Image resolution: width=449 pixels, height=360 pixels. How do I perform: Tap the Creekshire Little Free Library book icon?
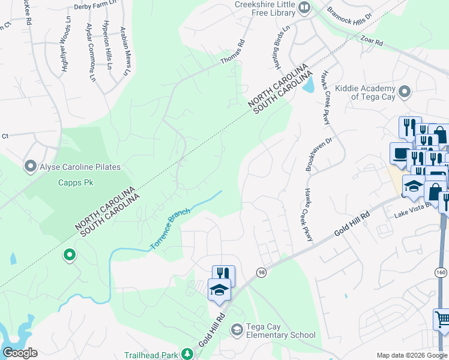304,7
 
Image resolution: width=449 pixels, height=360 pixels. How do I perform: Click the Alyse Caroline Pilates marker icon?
30,166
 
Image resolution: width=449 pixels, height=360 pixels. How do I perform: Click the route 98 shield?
261,272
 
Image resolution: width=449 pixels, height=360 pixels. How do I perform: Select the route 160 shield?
441,272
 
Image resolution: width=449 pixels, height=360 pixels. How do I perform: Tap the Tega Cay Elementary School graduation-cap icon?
237,329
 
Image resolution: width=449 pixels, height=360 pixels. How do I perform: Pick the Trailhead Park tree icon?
187,354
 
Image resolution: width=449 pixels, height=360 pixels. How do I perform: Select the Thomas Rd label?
233,52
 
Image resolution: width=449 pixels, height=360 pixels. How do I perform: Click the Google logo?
20,353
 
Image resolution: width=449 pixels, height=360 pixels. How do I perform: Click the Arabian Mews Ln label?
125,50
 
